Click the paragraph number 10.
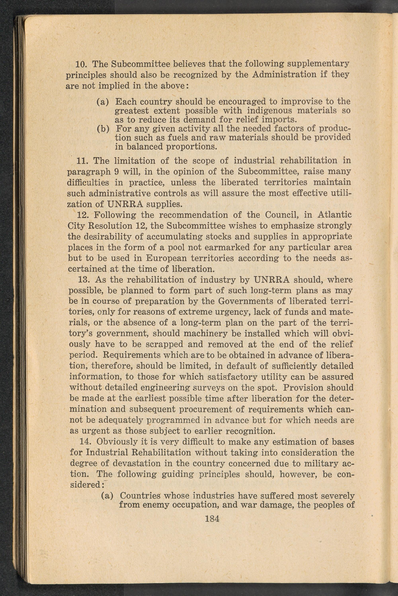[82, 64]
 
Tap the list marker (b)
[103, 129]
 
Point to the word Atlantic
[334, 215]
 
